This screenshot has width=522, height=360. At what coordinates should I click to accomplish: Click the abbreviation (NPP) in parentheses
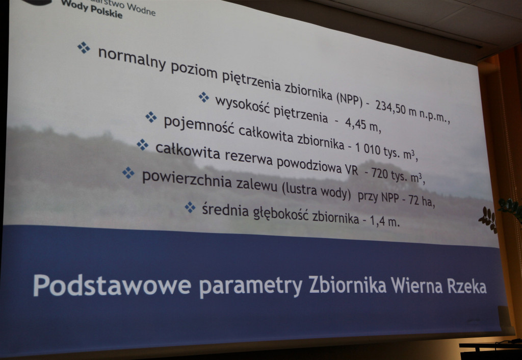click(349, 99)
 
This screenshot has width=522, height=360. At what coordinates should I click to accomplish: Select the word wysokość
click(242, 105)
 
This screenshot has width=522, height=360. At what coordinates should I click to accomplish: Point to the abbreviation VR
click(351, 170)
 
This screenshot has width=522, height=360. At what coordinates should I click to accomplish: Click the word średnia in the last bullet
click(225, 210)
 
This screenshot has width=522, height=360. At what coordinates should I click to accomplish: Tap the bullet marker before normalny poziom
click(84, 47)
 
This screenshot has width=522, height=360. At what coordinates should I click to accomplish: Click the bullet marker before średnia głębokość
click(190, 207)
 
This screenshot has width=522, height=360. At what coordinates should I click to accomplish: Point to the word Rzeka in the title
click(466, 286)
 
